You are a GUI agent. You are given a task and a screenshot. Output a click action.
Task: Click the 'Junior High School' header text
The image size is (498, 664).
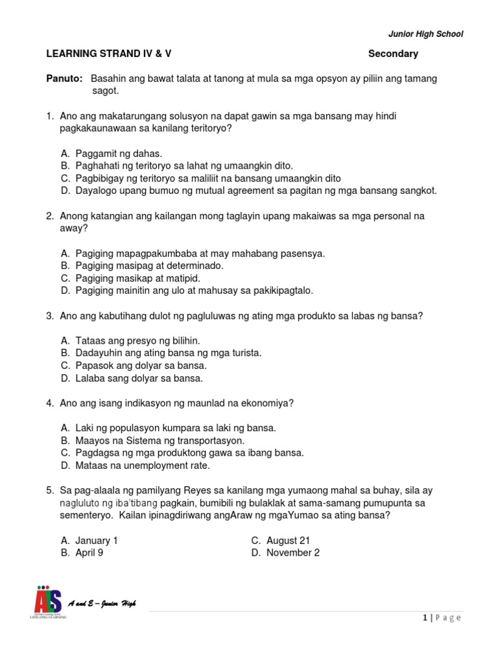(x=425, y=34)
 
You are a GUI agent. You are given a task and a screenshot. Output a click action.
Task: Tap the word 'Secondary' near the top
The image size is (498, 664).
(x=393, y=54)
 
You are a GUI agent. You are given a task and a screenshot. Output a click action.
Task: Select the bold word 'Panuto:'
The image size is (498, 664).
(x=64, y=78)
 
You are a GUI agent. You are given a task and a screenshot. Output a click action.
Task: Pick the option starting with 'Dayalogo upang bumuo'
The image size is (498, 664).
(x=255, y=191)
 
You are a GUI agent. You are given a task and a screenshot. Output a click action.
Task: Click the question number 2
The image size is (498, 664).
(x=49, y=216)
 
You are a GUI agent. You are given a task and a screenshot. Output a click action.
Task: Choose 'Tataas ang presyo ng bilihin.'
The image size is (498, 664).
(x=137, y=340)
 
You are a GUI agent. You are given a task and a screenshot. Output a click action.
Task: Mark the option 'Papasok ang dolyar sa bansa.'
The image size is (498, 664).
(x=139, y=366)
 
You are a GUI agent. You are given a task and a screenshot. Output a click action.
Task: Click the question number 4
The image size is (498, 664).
(x=49, y=403)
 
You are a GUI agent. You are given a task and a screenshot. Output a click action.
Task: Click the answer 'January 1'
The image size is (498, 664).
(x=97, y=540)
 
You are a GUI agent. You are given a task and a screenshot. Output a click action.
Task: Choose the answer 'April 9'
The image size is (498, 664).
(x=89, y=552)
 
